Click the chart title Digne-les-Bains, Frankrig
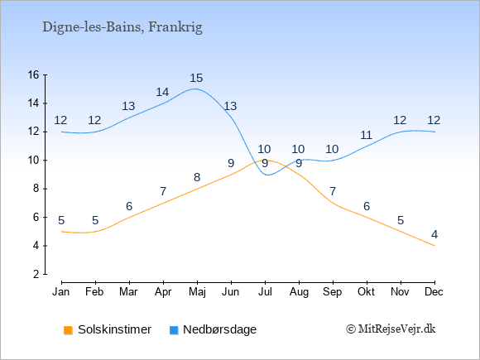pyautogui.click(x=122, y=27)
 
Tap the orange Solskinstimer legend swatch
pyautogui.click(x=68, y=330)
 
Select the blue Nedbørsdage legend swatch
pyautogui.click(x=174, y=330)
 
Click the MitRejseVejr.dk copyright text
pyautogui.click(x=391, y=329)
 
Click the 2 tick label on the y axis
pyautogui.click(x=36, y=274)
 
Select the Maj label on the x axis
pyautogui.click(x=197, y=292)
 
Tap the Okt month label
pyautogui.click(x=366, y=292)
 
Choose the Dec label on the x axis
pyautogui.click(x=434, y=292)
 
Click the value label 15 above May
pyautogui.click(x=196, y=78)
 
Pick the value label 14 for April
pyautogui.click(x=162, y=92)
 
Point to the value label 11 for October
pyautogui.click(x=366, y=135)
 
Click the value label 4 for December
pyautogui.click(x=434, y=234)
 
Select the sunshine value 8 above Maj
pyautogui.click(x=197, y=177)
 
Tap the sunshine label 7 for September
pyautogui.click(x=333, y=192)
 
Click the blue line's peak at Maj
pyautogui.click(x=194, y=89)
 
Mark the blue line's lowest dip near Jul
pyautogui.click(x=268, y=175)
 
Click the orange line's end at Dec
pyautogui.click(x=434, y=246)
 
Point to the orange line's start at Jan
pyautogui.click(x=62, y=232)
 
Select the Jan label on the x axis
pyautogui.click(x=61, y=292)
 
